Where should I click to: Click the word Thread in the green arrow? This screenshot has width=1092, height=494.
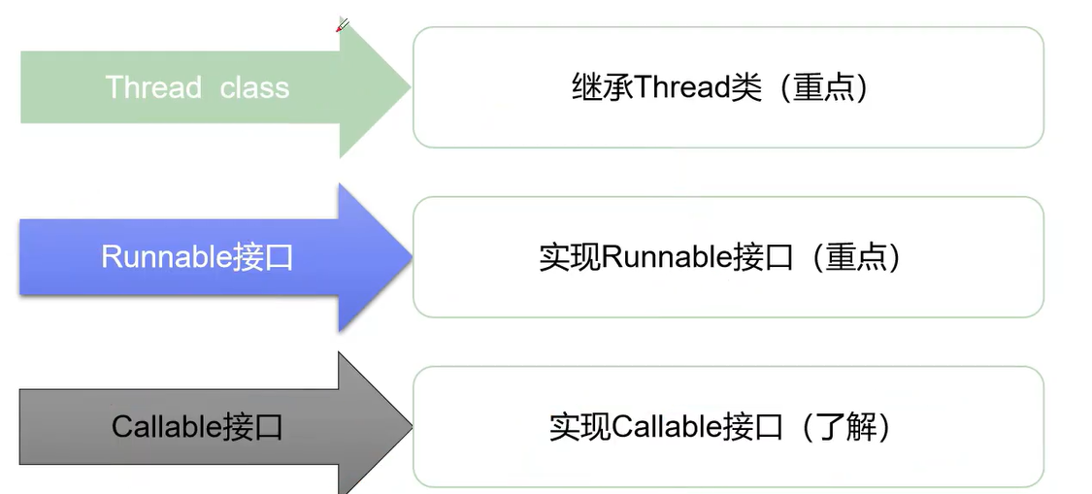tap(153, 87)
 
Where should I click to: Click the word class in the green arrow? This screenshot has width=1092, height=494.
tap(254, 87)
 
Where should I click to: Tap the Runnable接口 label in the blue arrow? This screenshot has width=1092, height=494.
tap(197, 257)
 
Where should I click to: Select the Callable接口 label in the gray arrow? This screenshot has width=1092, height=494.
tap(197, 426)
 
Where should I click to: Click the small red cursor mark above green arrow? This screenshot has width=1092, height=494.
tap(342, 25)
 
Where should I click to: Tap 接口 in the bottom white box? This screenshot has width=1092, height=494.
tap(753, 426)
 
